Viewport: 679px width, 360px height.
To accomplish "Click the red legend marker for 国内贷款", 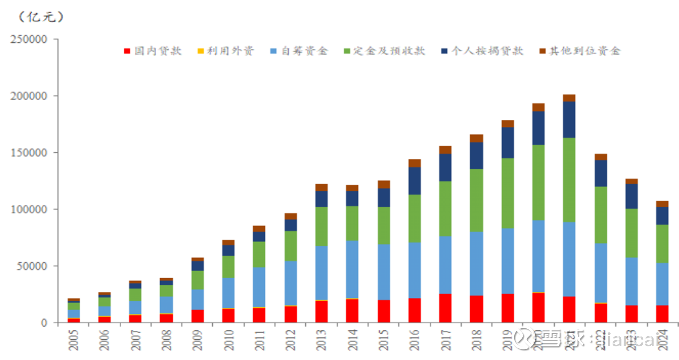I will [x=127, y=51].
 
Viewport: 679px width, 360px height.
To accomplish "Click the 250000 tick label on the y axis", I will [x=29, y=39].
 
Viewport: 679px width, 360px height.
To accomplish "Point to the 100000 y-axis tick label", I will [x=29, y=209].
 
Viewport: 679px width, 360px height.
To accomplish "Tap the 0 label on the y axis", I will [x=44, y=323].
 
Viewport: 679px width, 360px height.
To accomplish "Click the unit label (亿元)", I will [x=41, y=16].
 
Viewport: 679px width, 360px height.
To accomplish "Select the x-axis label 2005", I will [x=73, y=340].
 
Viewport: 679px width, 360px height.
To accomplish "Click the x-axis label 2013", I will [x=321, y=340].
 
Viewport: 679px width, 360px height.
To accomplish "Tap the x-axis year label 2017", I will [x=445, y=340].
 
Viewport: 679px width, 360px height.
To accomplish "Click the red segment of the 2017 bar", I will [x=445, y=308].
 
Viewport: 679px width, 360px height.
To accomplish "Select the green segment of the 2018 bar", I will [x=476, y=201].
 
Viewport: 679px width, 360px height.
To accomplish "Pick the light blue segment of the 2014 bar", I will [x=352, y=269].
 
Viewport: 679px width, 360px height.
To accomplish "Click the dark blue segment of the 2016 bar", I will [x=415, y=181].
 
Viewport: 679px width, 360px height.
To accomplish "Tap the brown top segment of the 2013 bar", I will [x=321, y=187].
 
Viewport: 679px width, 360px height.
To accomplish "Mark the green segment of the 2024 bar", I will [x=662, y=244].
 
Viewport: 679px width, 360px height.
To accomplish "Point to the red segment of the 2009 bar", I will [x=197, y=316].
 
